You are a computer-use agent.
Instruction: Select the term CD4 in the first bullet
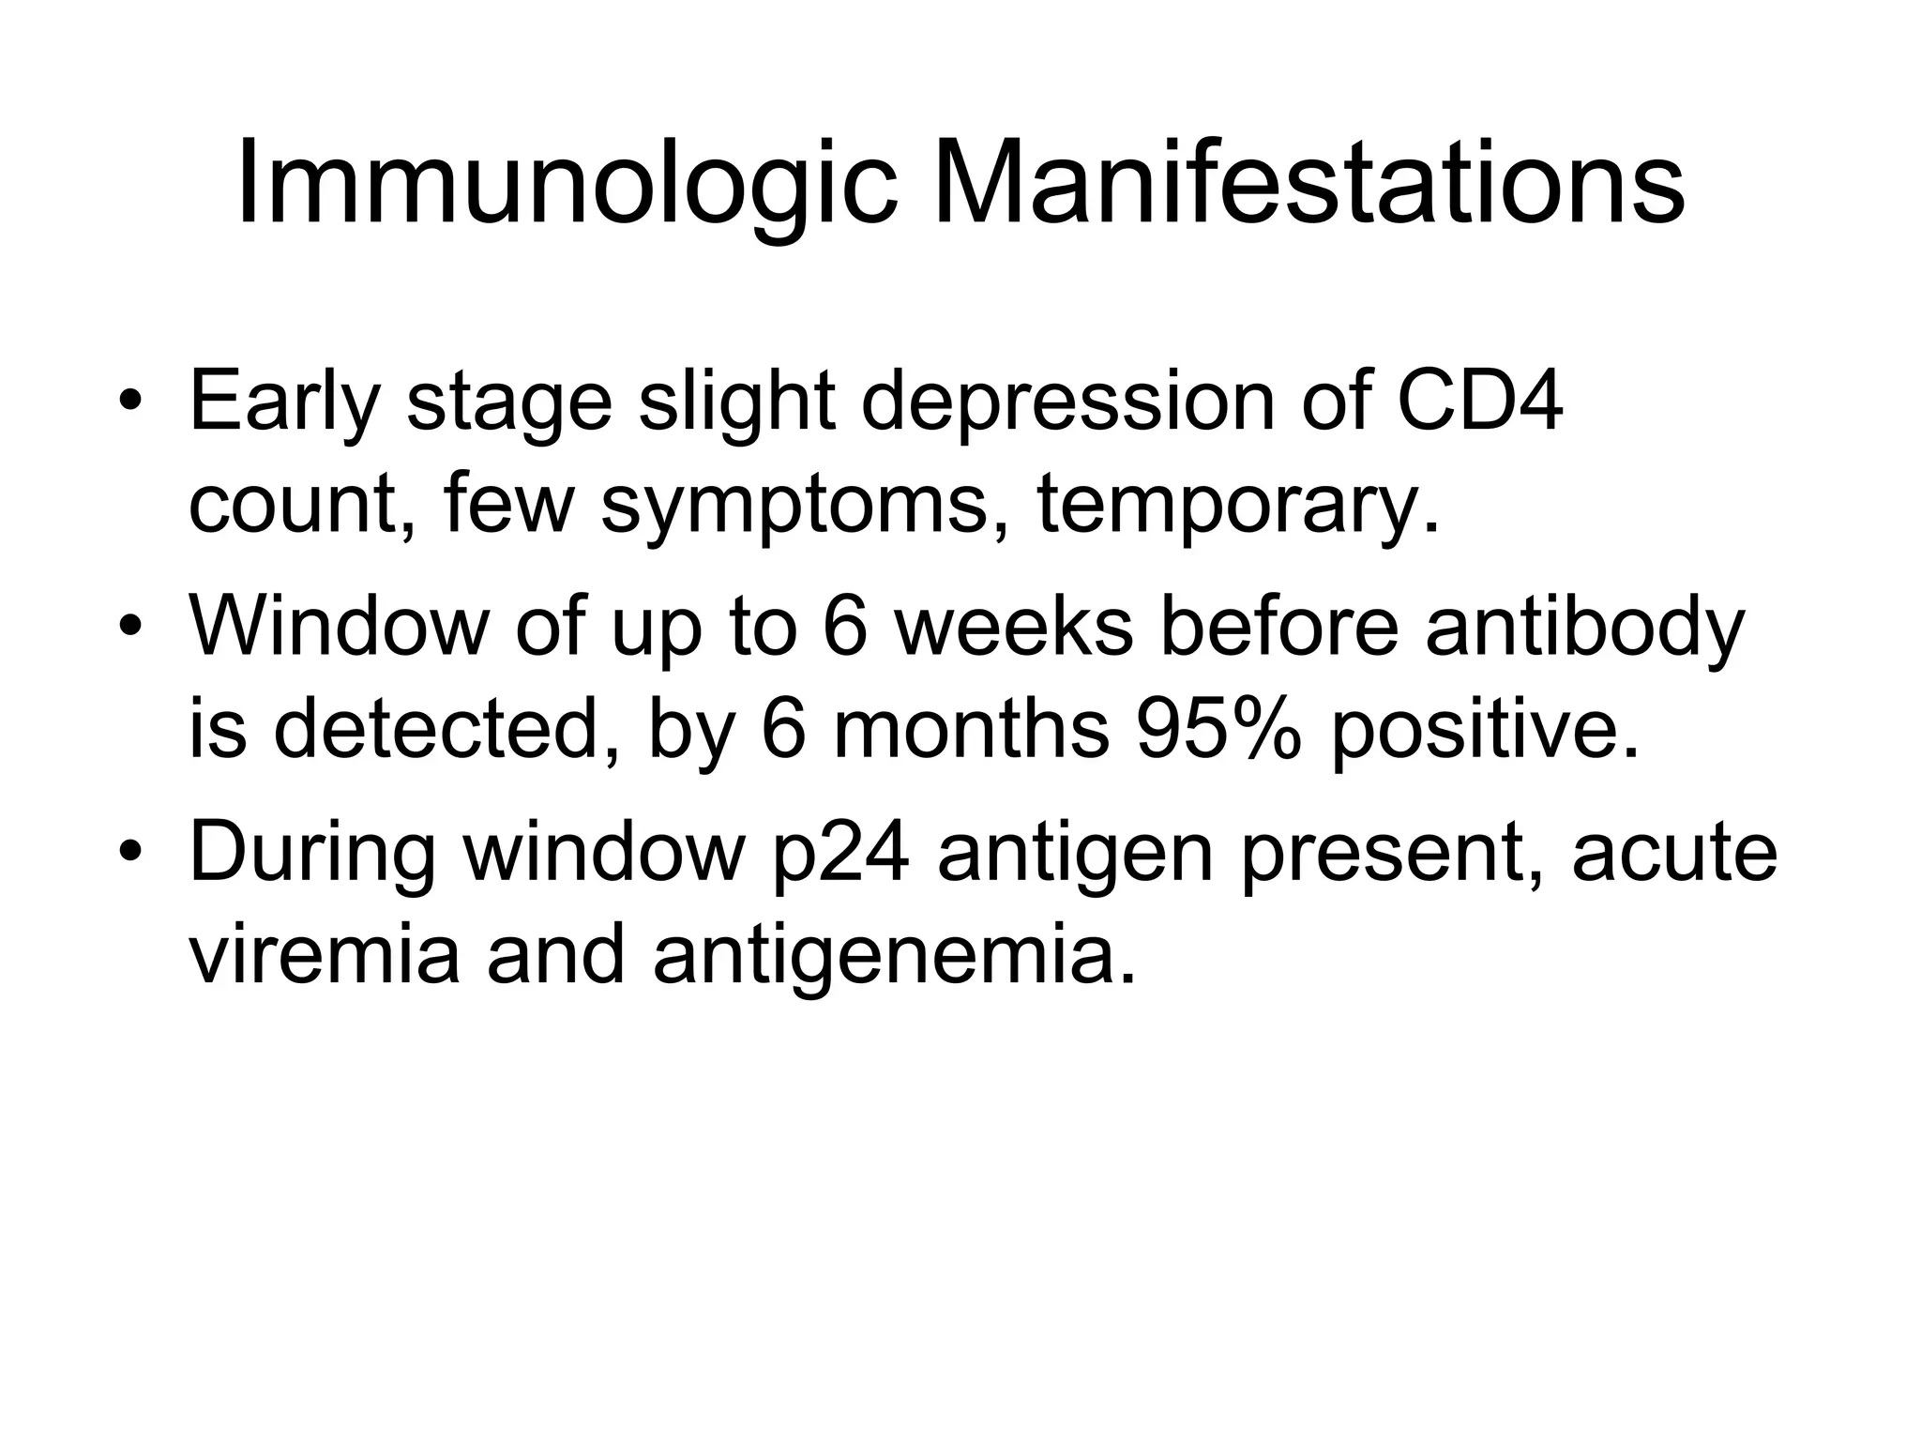tap(1479, 401)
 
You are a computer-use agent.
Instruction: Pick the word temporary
tap(1236, 508)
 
